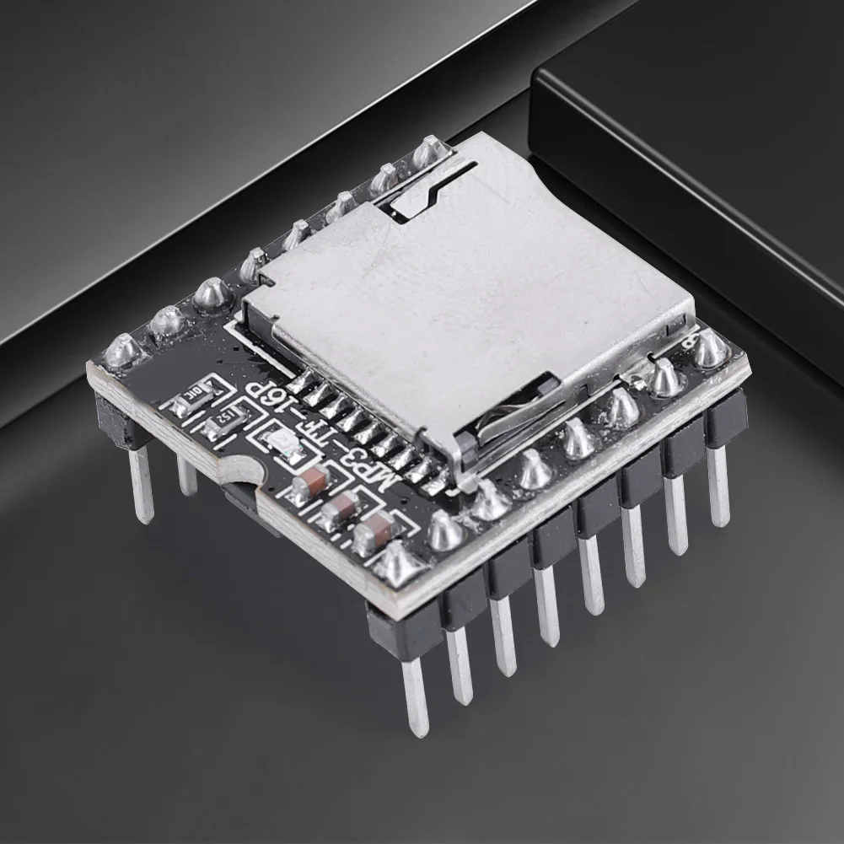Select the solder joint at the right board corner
tap(710, 347)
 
